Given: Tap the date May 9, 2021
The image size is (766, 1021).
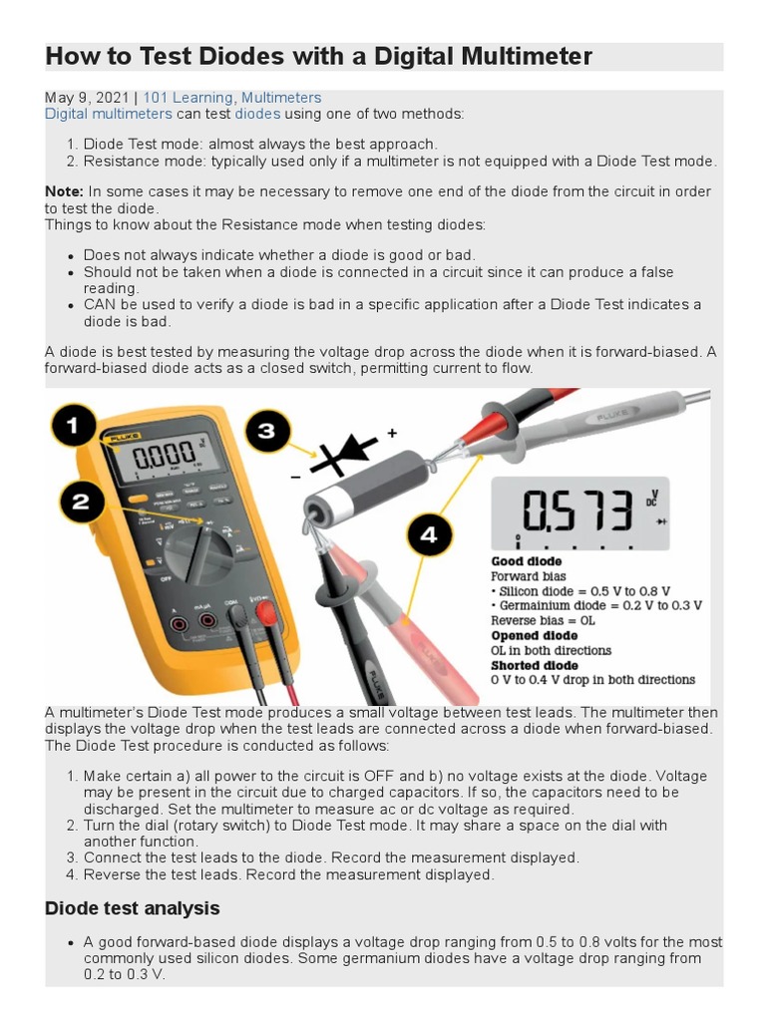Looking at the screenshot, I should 87,98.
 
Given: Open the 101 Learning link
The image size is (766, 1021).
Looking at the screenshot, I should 190,98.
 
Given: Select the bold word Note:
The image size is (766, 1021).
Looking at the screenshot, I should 65,191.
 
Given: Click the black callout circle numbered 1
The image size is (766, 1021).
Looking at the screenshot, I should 73,428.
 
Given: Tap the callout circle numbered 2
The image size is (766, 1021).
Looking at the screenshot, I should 81,504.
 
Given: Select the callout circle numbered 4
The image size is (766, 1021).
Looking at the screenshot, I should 428,535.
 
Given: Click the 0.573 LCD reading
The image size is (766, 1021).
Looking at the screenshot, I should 577,510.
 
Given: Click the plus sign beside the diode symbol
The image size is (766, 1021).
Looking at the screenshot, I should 392,433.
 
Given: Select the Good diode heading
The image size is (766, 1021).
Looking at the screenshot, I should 527,561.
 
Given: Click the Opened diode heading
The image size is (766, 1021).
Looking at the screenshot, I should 534,635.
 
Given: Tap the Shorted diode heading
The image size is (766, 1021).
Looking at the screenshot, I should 534,665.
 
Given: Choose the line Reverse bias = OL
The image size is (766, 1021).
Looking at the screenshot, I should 545,620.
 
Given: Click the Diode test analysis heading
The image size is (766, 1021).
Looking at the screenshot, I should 133,908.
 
